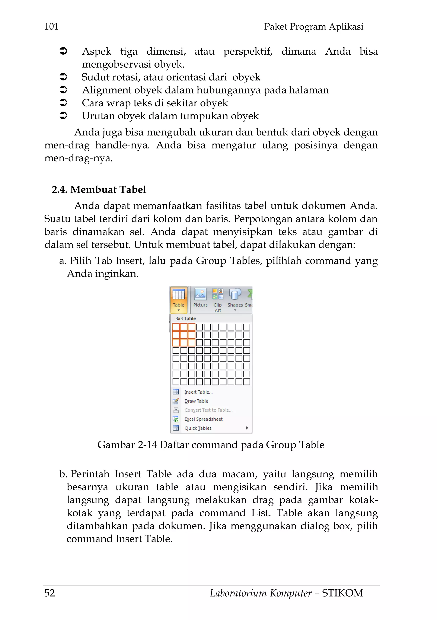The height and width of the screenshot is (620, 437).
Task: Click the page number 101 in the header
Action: (x=51, y=27)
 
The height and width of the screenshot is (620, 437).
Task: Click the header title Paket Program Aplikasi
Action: (x=313, y=27)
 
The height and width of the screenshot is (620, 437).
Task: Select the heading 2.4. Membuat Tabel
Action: (x=99, y=190)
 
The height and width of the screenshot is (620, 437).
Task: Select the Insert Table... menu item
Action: (x=198, y=392)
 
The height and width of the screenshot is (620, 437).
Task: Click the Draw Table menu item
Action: (x=196, y=401)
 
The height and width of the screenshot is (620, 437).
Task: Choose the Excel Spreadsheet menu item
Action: (x=203, y=419)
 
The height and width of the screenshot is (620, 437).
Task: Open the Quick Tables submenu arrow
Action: (x=247, y=428)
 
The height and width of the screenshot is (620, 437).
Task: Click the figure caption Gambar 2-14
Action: (x=127, y=445)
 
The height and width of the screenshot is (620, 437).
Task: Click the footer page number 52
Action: (x=50, y=593)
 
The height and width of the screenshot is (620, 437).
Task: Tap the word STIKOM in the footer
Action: (x=342, y=593)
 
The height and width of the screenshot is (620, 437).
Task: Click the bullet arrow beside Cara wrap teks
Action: (x=63, y=103)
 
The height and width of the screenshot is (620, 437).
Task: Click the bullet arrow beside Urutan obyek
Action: (x=63, y=116)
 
